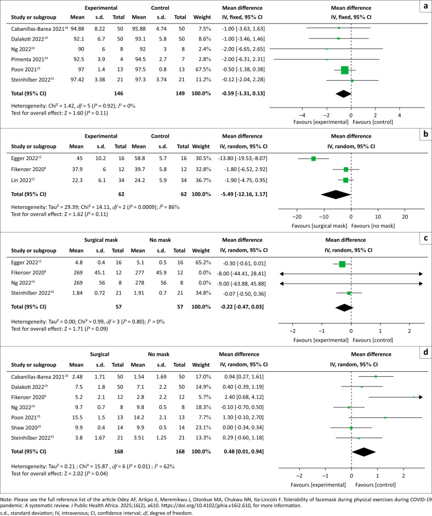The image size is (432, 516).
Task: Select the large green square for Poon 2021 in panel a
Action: coord(344,70)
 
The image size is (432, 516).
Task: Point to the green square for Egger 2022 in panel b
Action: coord(314,158)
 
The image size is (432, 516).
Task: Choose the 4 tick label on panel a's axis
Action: coord(400,116)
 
